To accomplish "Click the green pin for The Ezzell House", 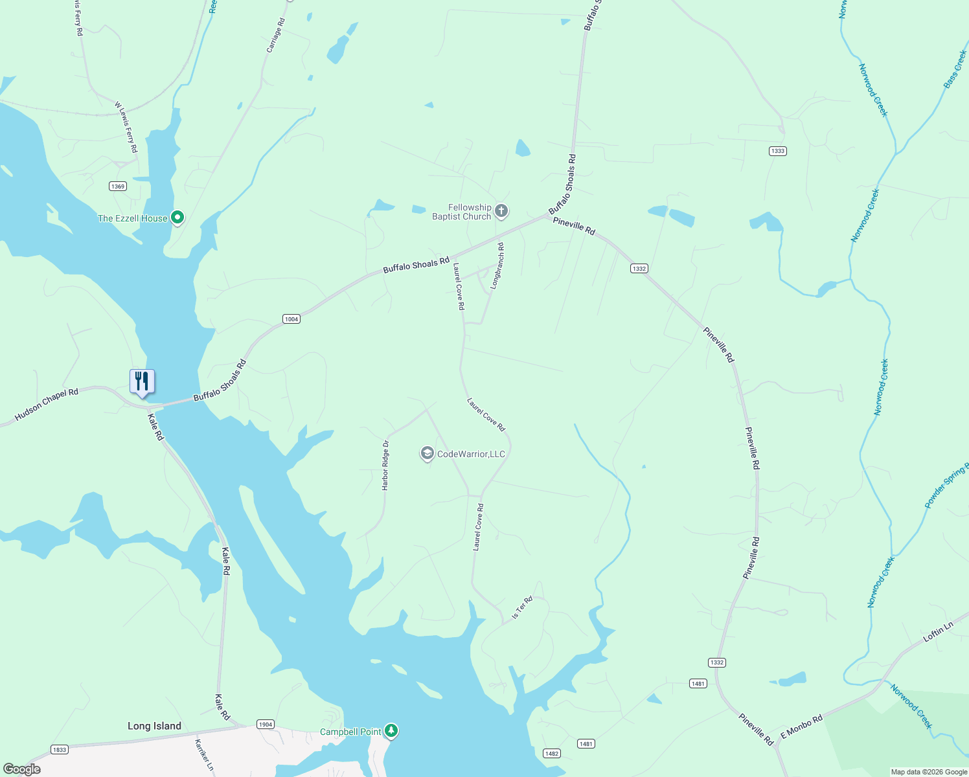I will pyautogui.click(x=177, y=218).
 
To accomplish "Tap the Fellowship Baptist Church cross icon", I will pyautogui.click(x=501, y=211).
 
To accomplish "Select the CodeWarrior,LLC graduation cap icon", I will pyautogui.click(x=427, y=454).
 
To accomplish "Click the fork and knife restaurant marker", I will pyautogui.click(x=142, y=382).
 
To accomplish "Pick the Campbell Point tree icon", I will pyautogui.click(x=391, y=731).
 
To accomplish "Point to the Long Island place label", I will pyautogui.click(x=154, y=726).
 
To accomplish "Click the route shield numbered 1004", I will pyautogui.click(x=291, y=319).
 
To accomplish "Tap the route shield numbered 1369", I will pyautogui.click(x=117, y=186).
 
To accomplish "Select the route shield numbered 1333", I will pyautogui.click(x=777, y=151).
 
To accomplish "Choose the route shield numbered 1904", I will pyautogui.click(x=265, y=724).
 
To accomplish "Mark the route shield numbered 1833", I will pyautogui.click(x=59, y=749).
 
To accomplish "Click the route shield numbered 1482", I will pyautogui.click(x=551, y=753).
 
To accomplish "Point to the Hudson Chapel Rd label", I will pyautogui.click(x=46, y=405).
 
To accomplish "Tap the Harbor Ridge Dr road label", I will pyautogui.click(x=385, y=465).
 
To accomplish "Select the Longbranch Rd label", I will pyautogui.click(x=497, y=265).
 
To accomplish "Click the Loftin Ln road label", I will pyautogui.click(x=938, y=632).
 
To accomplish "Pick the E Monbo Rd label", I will pyautogui.click(x=801, y=726).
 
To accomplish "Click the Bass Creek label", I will pyautogui.click(x=955, y=69).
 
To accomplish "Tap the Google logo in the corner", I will pyautogui.click(x=22, y=769).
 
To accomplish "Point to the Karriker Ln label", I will pyautogui.click(x=205, y=754).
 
